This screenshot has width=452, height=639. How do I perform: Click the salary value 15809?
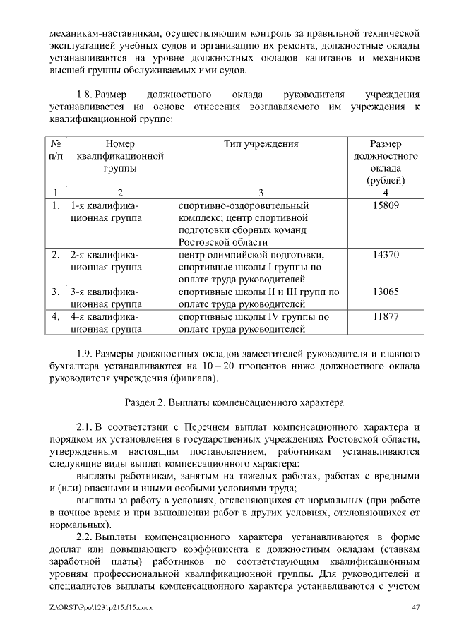pos(386,205)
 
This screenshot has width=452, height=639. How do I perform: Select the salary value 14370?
pos(386,255)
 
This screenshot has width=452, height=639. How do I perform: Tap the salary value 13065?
pos(386,292)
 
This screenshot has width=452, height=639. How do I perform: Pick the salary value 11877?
pos(386,317)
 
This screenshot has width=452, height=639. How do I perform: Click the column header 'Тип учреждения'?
pos(261,144)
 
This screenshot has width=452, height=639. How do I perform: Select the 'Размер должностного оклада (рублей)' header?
pos(386,162)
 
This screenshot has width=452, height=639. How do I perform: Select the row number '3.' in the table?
pos(55,292)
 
